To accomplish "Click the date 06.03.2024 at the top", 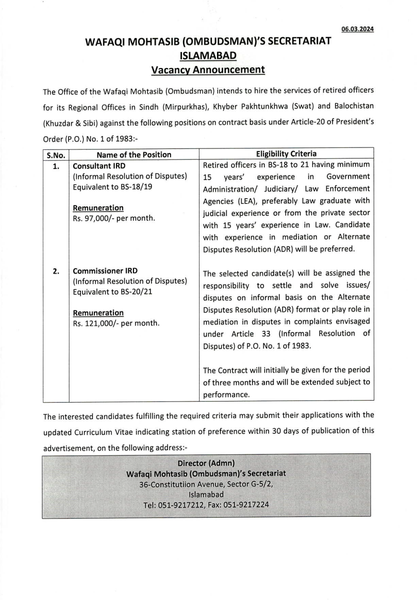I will (x=358, y=29).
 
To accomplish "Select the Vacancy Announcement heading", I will (x=208, y=69).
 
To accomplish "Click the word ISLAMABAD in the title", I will (x=208, y=55).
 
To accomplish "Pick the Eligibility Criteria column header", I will (x=286, y=154).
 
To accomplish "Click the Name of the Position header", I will (x=133, y=154).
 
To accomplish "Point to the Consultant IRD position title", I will (x=99, y=165).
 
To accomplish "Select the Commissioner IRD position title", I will (x=105, y=271).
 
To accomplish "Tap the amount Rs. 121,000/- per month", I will (x=116, y=323).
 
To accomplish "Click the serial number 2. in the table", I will (x=56, y=271).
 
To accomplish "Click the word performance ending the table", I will (x=226, y=394).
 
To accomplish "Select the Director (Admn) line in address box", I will (x=206, y=462).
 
